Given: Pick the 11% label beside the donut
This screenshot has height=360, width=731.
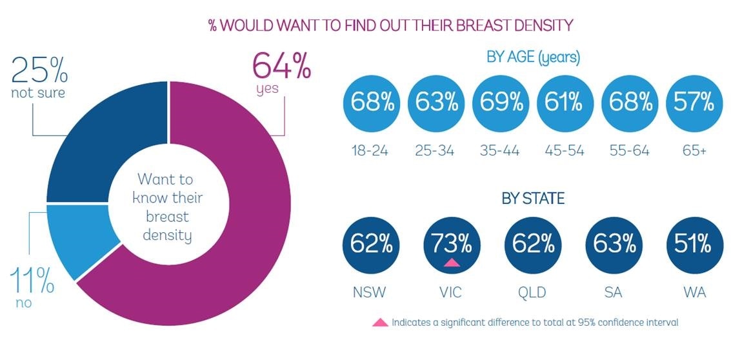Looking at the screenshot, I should (x=32, y=279).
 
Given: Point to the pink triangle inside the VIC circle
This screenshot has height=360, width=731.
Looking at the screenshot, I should (x=452, y=262).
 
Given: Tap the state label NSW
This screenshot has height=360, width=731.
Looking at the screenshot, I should (x=370, y=292).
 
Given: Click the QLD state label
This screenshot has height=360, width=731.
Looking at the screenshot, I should (x=532, y=292).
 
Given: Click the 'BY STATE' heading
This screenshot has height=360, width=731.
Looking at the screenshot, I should (x=533, y=199).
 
